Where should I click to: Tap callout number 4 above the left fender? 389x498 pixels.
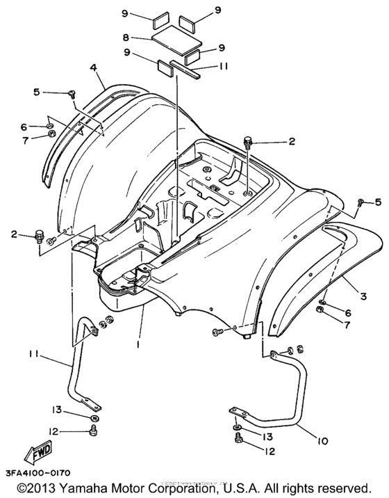click(92, 67)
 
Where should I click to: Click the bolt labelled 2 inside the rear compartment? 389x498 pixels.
click(249, 144)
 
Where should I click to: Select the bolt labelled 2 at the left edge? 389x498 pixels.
click(40, 236)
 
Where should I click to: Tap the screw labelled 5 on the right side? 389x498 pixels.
click(361, 202)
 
